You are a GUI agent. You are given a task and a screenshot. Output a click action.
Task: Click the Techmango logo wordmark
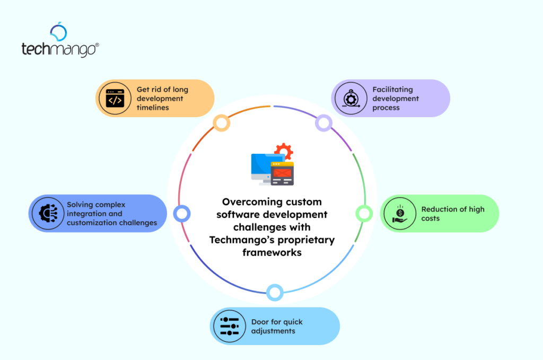59,49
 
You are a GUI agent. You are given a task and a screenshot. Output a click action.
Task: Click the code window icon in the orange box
115,98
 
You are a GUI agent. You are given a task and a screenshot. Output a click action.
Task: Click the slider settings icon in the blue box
229,326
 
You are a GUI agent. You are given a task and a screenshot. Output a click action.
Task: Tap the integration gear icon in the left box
48,213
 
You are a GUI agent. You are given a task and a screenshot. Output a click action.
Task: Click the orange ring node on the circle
221,123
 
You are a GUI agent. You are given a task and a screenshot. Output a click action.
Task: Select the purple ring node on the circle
323,123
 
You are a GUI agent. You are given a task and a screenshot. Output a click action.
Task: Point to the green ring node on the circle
363,213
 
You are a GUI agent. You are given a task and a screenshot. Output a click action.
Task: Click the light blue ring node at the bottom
274,292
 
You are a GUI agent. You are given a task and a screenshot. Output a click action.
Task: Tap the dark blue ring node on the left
181,213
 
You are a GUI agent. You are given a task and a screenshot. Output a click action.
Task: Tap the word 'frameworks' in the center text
272,252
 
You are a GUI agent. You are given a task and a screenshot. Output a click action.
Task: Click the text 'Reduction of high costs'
452,214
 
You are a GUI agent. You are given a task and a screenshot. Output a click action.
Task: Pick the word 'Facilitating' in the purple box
392,90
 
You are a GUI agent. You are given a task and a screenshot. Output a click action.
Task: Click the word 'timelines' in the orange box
153,108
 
